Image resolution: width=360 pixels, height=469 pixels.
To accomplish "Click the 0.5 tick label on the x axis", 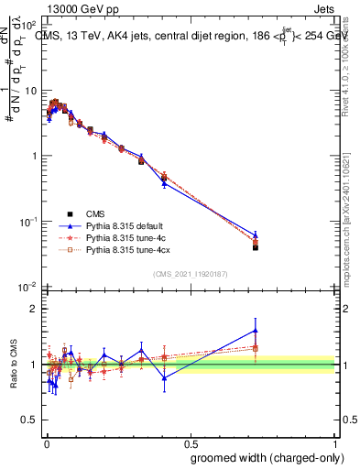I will pyautogui.click(x=190, y=441).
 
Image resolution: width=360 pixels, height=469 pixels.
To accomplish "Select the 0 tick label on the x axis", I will pyautogui.click(x=46, y=441).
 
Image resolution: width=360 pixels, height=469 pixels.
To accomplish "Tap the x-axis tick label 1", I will pyautogui.click(x=335, y=441).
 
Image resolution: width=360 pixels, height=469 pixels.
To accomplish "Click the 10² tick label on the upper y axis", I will pyautogui.click(x=29, y=25).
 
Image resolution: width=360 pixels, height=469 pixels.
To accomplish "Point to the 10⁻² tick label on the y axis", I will pyautogui.click(x=29, y=288).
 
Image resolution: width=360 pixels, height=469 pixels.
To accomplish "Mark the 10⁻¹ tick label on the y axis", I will pyautogui.click(x=29, y=222).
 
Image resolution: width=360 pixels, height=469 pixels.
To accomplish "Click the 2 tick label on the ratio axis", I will pyautogui.click(x=35, y=309).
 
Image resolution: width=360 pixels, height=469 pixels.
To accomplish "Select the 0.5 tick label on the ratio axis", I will pyautogui.click(x=30, y=420).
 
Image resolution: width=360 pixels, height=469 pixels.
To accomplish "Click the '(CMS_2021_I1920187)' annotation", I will pyautogui.click(x=190, y=273).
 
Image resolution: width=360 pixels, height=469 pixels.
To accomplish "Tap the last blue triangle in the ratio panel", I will pyautogui.click(x=256, y=331).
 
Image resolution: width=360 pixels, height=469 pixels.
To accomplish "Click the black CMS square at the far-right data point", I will pyautogui.click(x=256, y=247).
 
